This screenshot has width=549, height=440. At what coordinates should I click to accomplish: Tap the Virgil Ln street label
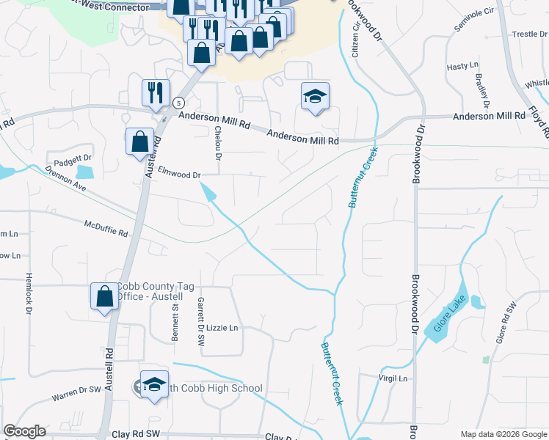click(393, 378)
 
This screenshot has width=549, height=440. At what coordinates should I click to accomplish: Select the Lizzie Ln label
click(222, 328)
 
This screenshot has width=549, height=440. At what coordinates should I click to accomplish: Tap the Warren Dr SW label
click(75, 395)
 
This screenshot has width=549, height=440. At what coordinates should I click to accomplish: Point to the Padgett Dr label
click(71, 158)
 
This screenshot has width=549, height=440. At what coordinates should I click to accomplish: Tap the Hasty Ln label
click(462, 67)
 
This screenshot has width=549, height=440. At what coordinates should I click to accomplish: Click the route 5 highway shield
click(178, 103)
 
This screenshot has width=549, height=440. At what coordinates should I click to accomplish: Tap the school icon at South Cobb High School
click(154, 384)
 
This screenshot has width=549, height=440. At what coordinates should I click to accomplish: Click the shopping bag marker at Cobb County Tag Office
click(104, 296)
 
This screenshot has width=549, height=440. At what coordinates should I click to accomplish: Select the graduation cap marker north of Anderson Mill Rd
click(315, 96)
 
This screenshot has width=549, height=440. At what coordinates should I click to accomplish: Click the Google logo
click(25, 431)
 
